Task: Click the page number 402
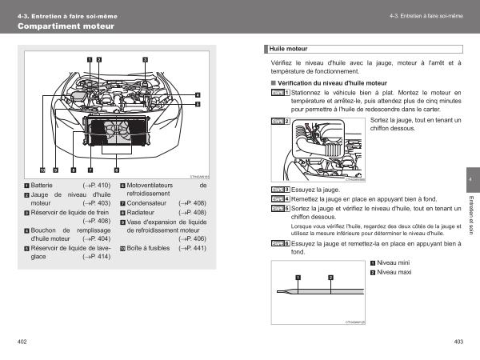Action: tap(22, 342)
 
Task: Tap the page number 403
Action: tap(458, 342)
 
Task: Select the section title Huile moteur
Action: tap(289, 48)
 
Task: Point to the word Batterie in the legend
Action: tap(42, 185)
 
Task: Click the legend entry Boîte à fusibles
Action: tap(148, 248)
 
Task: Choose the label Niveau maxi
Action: tap(394, 273)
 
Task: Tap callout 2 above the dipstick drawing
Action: tap(330, 278)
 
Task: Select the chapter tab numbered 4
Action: tap(471, 179)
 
